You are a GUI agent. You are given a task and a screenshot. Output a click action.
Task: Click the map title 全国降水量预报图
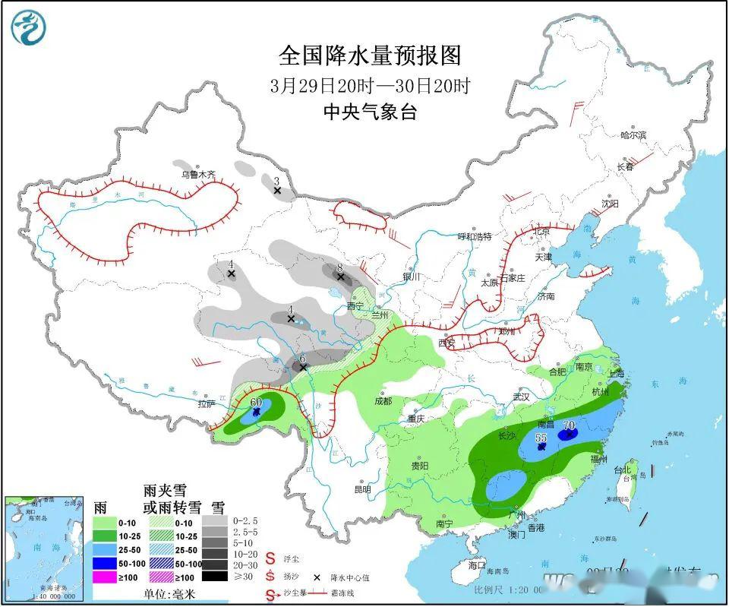(x=370, y=55)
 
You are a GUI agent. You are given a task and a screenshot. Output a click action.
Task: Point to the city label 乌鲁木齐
(x=197, y=175)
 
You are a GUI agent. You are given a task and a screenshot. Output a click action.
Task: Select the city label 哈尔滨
(x=633, y=135)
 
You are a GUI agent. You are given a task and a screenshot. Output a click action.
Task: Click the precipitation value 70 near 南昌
(x=569, y=425)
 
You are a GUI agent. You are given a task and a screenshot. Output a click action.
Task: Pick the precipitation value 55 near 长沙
(x=541, y=438)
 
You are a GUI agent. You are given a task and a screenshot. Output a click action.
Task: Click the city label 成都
(x=383, y=400)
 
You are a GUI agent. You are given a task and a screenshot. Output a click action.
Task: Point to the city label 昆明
(x=362, y=489)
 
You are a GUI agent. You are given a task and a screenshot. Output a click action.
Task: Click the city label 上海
(x=616, y=373)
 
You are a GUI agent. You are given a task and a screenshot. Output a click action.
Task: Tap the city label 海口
(x=476, y=565)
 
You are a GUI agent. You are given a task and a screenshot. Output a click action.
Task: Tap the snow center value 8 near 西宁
(x=341, y=267)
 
